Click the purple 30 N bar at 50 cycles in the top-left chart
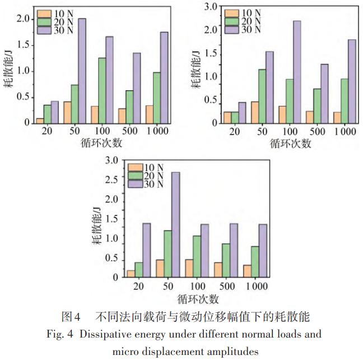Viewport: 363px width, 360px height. [x=82, y=70]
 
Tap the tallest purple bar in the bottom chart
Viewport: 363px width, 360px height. [x=175, y=224]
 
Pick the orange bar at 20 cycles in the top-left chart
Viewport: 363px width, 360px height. [x=40, y=120]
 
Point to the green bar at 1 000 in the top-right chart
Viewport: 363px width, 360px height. [x=344, y=103]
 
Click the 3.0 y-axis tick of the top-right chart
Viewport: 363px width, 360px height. [x=211, y=7]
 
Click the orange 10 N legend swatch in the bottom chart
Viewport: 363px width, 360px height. [x=135, y=168]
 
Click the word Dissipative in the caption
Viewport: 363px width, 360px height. [x=104, y=335]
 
